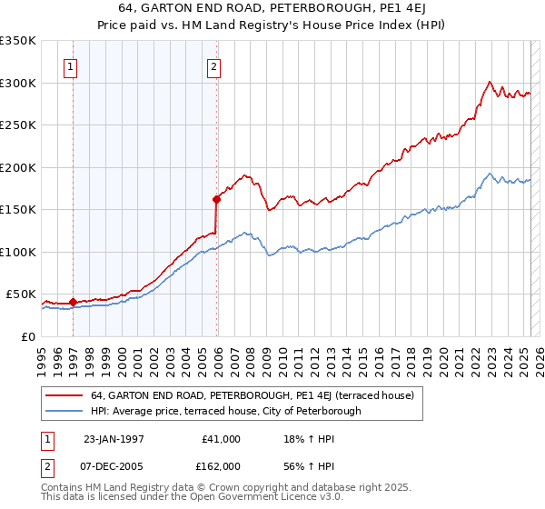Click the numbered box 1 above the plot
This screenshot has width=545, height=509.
point(71,65)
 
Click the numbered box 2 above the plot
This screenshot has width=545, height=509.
point(213,65)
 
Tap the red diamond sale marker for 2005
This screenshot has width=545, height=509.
point(217,199)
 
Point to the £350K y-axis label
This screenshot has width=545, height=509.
point(18,41)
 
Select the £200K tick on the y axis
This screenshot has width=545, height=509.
point(18,167)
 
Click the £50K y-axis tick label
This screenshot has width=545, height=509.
point(22,294)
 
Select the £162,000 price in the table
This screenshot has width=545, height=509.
point(222,465)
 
